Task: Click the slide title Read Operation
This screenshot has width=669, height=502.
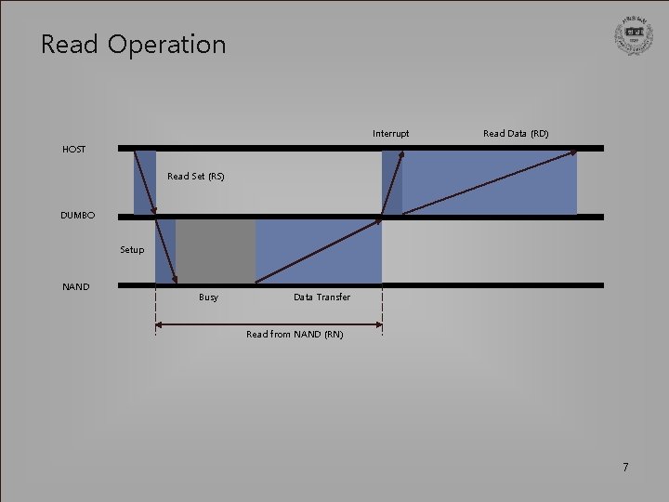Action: click(133, 44)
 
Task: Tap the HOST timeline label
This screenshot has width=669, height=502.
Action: click(73, 149)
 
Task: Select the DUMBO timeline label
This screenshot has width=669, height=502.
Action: click(77, 216)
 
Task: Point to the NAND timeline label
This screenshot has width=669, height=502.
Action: click(75, 286)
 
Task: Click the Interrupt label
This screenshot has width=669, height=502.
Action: click(390, 134)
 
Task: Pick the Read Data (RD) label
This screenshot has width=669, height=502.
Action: click(516, 134)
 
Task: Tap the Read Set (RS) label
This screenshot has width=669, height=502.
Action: click(195, 176)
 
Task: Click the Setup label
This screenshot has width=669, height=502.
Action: click(132, 249)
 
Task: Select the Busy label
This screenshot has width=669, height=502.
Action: click(208, 297)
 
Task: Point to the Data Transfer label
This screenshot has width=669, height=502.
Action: click(321, 297)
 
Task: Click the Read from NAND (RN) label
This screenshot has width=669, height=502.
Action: click(295, 335)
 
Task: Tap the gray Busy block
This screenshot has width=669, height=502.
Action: click(216, 251)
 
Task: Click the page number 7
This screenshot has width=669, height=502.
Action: click(625, 467)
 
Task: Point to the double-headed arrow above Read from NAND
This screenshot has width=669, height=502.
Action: click(269, 324)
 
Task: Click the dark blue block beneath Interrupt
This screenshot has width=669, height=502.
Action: click(392, 182)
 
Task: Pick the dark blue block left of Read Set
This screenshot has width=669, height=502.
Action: click(145, 182)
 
